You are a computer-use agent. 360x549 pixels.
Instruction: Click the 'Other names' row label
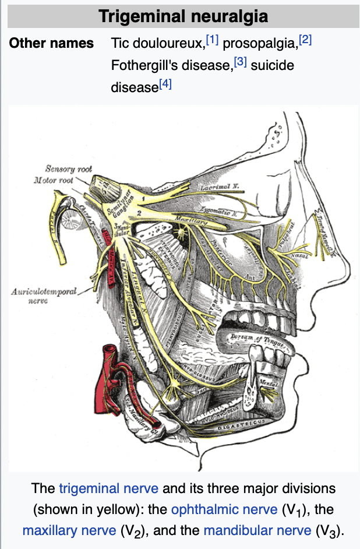point(51,43)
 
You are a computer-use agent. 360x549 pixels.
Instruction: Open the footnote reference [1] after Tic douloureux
point(212,40)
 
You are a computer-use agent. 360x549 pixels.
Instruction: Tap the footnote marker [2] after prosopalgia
point(305,40)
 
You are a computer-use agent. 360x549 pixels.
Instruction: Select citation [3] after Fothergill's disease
point(241,62)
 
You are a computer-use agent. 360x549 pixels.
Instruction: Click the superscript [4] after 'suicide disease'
point(165,84)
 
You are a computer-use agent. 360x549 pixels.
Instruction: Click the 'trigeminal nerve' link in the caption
point(105,488)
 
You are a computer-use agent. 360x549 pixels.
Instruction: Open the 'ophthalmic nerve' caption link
point(224,509)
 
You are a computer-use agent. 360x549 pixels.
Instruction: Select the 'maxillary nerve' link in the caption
point(69,531)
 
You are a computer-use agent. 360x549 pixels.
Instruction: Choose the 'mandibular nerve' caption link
point(257,531)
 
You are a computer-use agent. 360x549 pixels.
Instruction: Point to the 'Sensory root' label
point(69,169)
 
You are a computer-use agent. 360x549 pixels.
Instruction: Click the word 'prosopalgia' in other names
point(260,43)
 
